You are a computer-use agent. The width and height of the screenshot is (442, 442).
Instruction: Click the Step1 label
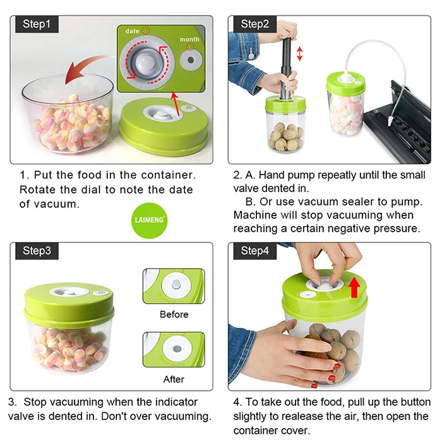pyautogui.click(x=37, y=24)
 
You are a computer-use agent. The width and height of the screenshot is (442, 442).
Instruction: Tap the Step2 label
pyautogui.click(x=255, y=24)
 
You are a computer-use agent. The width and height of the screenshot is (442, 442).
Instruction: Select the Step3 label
pyautogui.click(x=37, y=251)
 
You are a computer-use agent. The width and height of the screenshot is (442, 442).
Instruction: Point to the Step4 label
pyautogui.click(x=255, y=251)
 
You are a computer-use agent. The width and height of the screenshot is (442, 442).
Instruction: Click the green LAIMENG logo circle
pyautogui.click(x=149, y=220)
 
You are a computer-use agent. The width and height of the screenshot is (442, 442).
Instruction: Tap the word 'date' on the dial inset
pyautogui.click(x=132, y=31)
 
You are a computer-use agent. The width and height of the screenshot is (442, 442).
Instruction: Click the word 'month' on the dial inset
pyautogui.click(x=189, y=39)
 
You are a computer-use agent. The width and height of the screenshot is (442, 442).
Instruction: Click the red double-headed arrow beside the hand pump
pyautogui.click(x=300, y=54)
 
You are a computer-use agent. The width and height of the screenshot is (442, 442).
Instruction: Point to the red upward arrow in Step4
pyautogui.click(x=354, y=287)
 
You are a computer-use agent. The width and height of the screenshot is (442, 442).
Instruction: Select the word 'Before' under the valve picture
pyautogui.click(x=174, y=314)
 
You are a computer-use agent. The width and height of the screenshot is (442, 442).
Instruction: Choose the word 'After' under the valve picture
pyautogui.click(x=174, y=379)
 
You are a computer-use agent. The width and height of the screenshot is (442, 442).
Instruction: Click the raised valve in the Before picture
pyautogui.click(x=176, y=284)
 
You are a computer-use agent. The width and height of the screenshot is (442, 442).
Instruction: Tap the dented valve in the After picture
pyautogui.click(x=177, y=349)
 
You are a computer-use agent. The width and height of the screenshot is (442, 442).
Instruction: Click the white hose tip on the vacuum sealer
pyautogui.click(x=390, y=122)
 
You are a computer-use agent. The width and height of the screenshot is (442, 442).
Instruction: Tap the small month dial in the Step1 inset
pyautogui.click(x=191, y=60)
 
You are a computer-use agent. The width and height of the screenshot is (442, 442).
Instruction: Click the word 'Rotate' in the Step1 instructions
pyautogui.click(x=37, y=189)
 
